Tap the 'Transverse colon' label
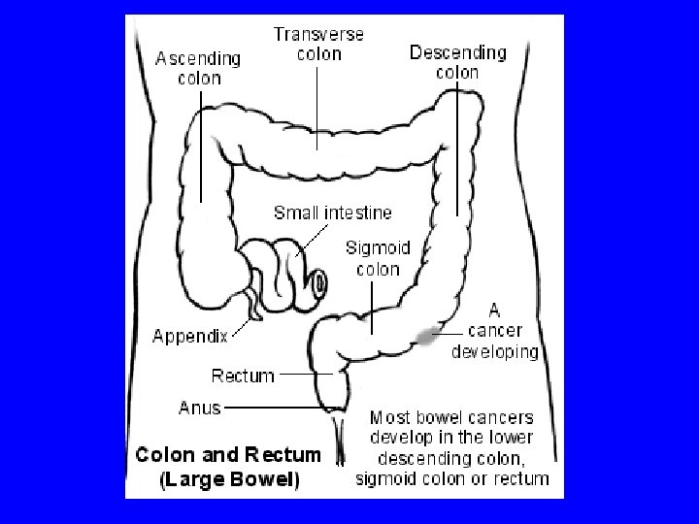(x=318, y=44)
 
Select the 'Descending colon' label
(x=457, y=61)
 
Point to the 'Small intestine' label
(x=333, y=213)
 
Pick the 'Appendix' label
(x=190, y=337)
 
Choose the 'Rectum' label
(x=243, y=375)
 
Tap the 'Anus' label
(x=200, y=408)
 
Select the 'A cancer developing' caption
(x=494, y=331)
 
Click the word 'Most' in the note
(x=392, y=418)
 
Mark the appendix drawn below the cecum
(x=252, y=303)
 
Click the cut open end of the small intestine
(x=317, y=282)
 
